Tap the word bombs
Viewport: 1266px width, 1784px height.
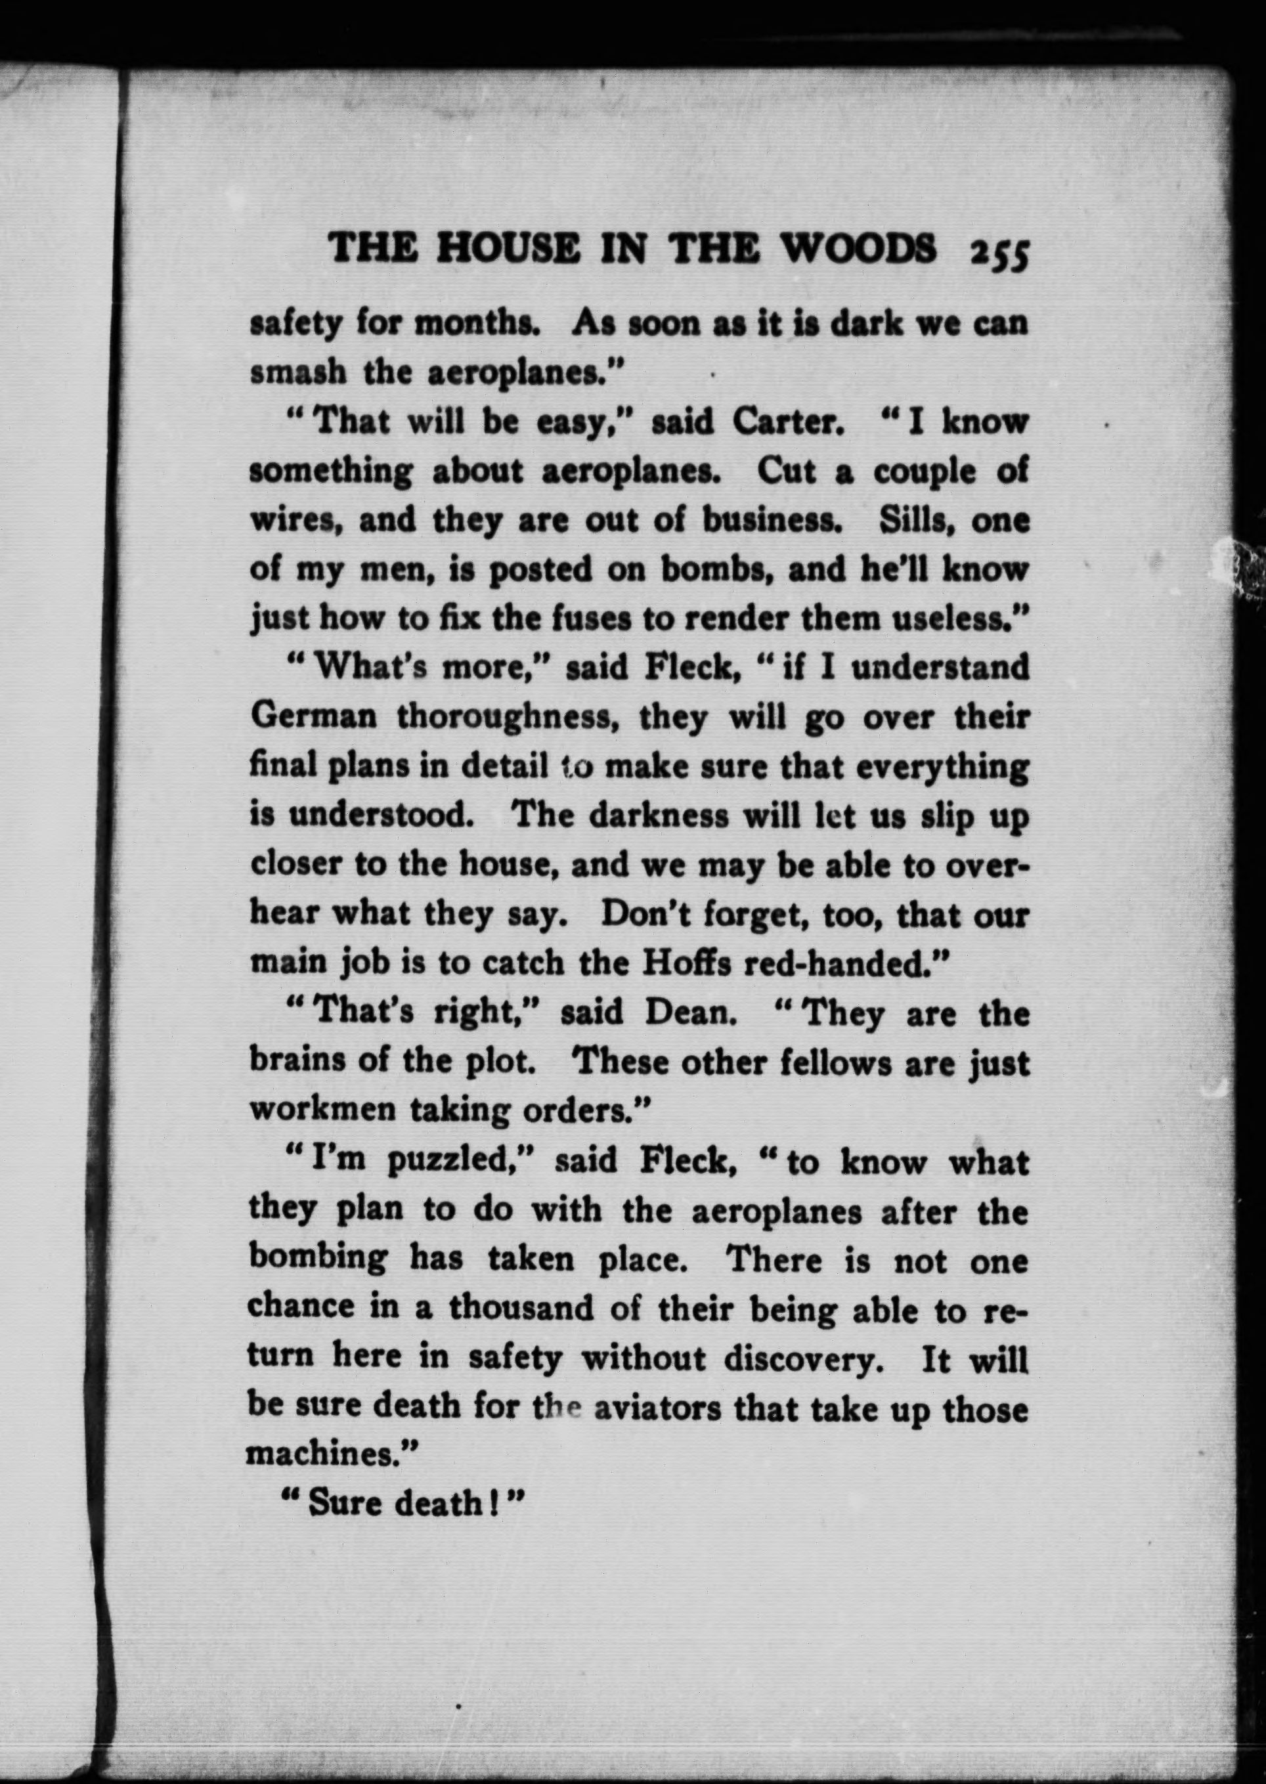[716, 570]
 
